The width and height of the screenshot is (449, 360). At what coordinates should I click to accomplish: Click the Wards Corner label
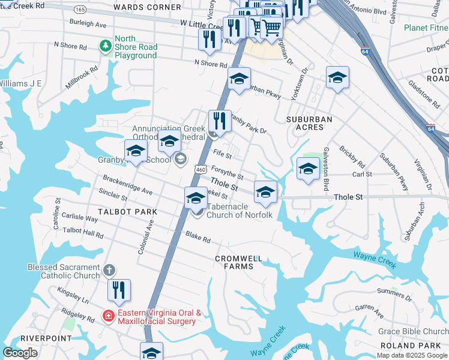click(x=155, y=7)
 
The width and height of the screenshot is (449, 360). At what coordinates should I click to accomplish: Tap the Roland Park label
click(x=414, y=346)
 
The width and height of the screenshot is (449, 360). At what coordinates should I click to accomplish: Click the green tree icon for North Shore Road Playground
click(x=106, y=46)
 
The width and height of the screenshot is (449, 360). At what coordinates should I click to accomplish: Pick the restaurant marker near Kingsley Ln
click(x=119, y=291)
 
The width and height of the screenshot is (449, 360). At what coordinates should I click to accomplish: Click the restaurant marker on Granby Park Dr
click(x=220, y=121)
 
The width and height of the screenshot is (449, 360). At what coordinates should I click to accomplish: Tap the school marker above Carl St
click(x=308, y=169)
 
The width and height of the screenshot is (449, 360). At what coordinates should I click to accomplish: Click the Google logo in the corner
click(x=20, y=353)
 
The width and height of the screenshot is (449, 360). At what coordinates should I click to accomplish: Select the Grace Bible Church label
click(x=413, y=331)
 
